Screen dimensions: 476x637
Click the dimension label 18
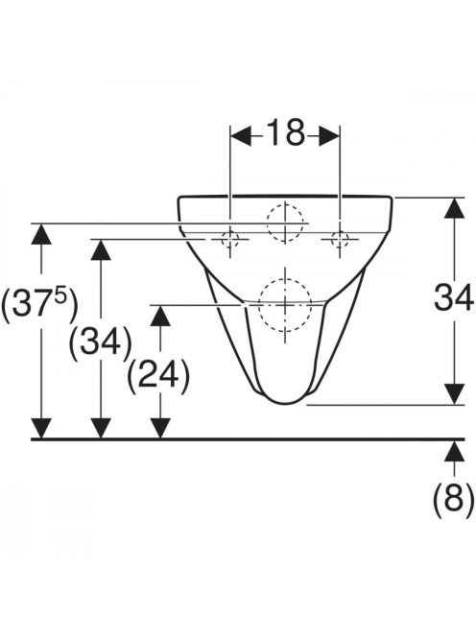click(x=285, y=132)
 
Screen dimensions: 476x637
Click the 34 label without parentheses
click(x=453, y=297)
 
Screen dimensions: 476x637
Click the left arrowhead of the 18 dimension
click(x=241, y=135)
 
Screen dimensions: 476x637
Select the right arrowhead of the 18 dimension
click(x=329, y=135)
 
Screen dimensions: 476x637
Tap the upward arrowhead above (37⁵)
click(x=41, y=234)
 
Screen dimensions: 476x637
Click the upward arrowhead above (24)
click(x=159, y=316)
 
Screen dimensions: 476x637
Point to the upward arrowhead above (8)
click(x=454, y=451)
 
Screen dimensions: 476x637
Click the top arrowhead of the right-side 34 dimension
click(x=454, y=208)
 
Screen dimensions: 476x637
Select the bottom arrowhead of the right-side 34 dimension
click(x=454, y=393)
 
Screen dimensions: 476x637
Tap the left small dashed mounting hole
click(x=230, y=239)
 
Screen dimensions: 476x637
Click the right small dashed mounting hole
click(x=340, y=239)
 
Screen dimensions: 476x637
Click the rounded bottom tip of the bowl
click(x=285, y=404)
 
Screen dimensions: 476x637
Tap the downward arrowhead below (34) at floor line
click(x=101, y=428)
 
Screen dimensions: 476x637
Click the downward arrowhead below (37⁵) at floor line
click(x=41, y=428)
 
